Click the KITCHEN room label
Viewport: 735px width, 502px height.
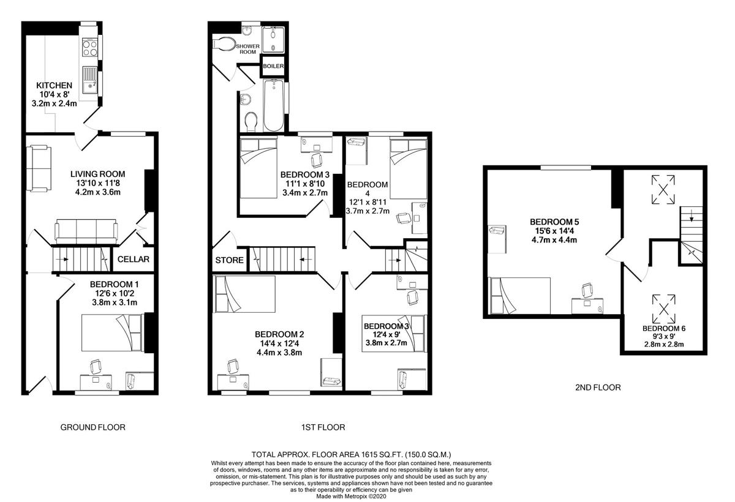(54, 86)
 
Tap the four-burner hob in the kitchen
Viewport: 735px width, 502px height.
(89, 48)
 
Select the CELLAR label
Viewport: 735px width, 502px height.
(134, 260)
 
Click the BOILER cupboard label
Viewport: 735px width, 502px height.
(273, 66)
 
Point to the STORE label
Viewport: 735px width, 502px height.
(229, 260)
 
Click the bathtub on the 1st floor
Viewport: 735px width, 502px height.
(273, 105)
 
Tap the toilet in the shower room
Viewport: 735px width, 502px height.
(224, 43)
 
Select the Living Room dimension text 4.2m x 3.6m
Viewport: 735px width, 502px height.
(98, 192)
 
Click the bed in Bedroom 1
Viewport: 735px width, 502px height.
(113, 333)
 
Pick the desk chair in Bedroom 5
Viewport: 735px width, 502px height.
(587, 291)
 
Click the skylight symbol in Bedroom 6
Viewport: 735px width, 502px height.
(663, 309)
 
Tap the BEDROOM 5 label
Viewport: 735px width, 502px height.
(554, 222)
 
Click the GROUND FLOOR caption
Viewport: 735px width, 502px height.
(93, 427)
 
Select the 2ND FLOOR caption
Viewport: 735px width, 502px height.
(598, 388)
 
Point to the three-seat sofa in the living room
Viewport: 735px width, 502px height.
(86, 231)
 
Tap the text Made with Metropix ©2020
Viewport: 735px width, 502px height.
(351, 496)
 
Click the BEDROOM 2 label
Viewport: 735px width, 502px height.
(279, 334)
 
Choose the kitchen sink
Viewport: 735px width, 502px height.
(89, 80)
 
